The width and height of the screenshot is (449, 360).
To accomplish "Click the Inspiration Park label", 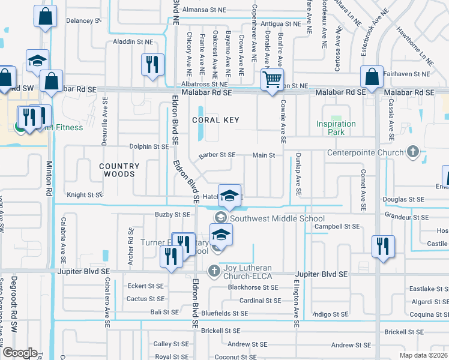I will point(336,128).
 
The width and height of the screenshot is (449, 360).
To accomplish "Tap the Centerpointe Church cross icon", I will point(412,152).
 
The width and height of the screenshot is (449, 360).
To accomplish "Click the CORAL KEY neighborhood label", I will point(215,120).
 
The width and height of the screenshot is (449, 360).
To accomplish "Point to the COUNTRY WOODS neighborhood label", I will point(119,170).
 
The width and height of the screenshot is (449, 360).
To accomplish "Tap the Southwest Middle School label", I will point(277,218).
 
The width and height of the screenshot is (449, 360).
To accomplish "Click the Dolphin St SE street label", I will point(149,146).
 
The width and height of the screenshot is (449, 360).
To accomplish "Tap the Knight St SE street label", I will point(85,194).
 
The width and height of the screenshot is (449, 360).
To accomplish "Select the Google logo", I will point(20,353).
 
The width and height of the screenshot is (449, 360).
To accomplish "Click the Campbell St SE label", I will point(337,226).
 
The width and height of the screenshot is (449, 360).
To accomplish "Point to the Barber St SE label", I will point(217,154).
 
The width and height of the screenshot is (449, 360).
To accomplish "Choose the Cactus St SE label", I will point(145,299).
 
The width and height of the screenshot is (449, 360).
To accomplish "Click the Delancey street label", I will point(83,20).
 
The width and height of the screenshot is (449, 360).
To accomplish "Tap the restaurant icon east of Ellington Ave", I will point(383,245).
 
